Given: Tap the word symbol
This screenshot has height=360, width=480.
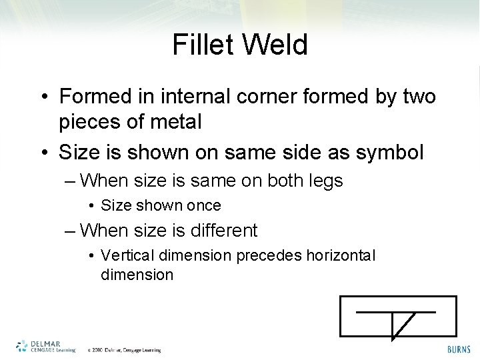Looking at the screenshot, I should (390, 152).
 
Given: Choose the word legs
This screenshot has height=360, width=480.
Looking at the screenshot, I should (322, 180).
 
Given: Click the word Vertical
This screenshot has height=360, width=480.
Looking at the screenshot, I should (125, 255).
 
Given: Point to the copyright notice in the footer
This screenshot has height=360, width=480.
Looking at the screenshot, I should (125, 349).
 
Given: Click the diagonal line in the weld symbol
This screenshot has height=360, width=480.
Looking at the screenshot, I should (403, 325).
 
